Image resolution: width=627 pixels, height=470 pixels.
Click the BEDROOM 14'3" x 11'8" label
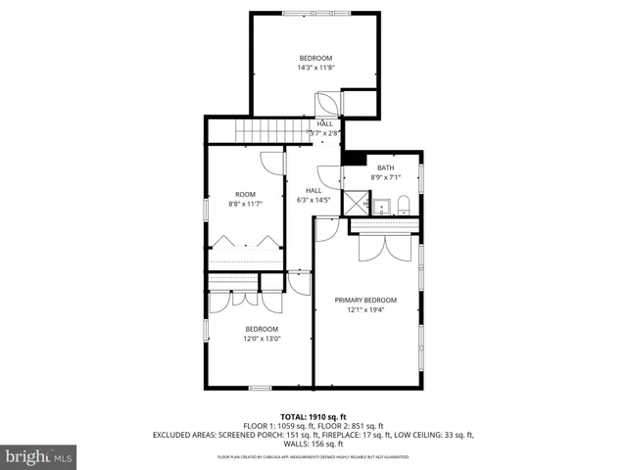coord(316,63)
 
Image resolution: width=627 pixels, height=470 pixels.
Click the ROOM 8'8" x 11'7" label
coord(246,199)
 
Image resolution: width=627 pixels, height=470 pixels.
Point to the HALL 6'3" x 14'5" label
coord(313,195)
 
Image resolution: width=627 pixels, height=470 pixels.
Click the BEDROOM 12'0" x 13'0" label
coord(262,334)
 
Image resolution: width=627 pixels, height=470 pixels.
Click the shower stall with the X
coord(357,205)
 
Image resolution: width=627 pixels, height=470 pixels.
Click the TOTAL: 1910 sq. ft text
coord(313,416)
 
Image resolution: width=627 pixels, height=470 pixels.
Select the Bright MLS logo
coord(39,456)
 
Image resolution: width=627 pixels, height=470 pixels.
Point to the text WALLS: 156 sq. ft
coord(313,444)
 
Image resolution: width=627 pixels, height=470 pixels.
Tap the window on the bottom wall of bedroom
coord(260,388)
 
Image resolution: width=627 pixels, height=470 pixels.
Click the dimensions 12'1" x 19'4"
coord(365,310)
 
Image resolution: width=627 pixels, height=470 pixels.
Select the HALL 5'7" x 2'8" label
coord(324,128)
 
